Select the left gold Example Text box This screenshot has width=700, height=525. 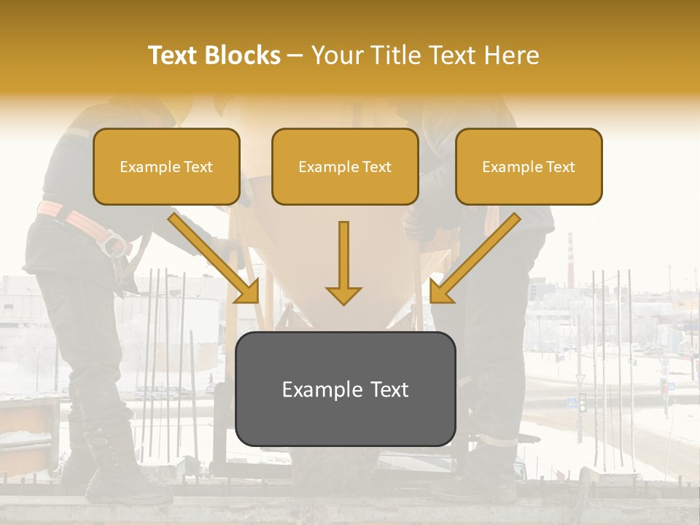166,166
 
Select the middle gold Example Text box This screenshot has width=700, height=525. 345,166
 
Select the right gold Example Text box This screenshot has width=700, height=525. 529,166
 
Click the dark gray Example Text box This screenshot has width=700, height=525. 345,389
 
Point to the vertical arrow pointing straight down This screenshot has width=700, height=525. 343,262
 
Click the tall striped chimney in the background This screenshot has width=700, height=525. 570,259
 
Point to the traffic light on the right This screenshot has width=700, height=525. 582,402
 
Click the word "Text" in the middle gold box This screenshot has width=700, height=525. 376,167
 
